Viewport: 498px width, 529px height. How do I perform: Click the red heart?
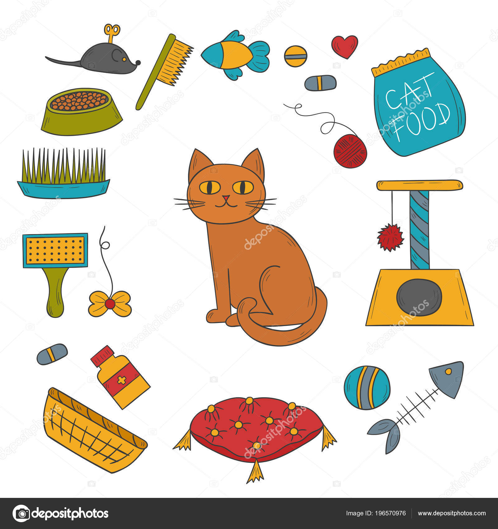click(x=345, y=46)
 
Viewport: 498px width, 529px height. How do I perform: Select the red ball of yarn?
click(x=350, y=151)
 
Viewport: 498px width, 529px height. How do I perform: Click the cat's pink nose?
click(x=226, y=198)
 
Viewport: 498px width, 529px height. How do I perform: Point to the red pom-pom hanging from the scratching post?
click(x=390, y=237)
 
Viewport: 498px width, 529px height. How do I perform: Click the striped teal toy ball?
click(x=367, y=387)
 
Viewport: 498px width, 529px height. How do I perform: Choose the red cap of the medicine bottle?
click(x=102, y=355)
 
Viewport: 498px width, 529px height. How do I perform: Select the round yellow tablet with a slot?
click(x=295, y=56)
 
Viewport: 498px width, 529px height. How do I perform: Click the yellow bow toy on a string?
click(x=110, y=303)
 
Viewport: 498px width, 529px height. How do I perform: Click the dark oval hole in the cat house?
click(x=419, y=297)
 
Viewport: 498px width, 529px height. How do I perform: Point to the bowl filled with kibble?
click(x=82, y=111)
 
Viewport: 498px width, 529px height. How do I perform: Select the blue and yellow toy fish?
click(x=235, y=55)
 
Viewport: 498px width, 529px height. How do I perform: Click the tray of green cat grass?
click(x=63, y=173)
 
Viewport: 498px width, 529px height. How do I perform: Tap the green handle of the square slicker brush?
click(x=55, y=292)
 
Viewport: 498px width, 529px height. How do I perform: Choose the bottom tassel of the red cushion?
click(x=255, y=471)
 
